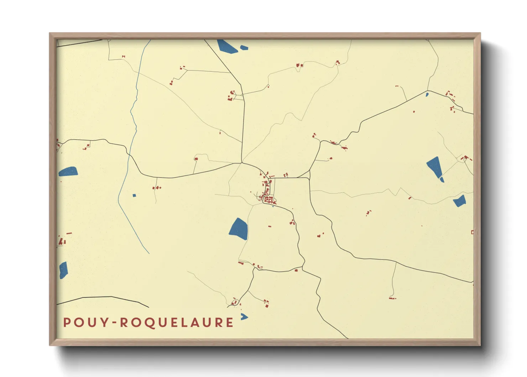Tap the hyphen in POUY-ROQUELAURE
114,323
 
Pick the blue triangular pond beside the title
244,316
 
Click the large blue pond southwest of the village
239,228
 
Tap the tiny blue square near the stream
134,195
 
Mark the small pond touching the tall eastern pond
442,180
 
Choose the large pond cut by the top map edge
227,46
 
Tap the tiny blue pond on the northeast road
427,94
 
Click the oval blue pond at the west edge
68,172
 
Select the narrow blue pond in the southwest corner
63,270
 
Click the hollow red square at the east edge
472,232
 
